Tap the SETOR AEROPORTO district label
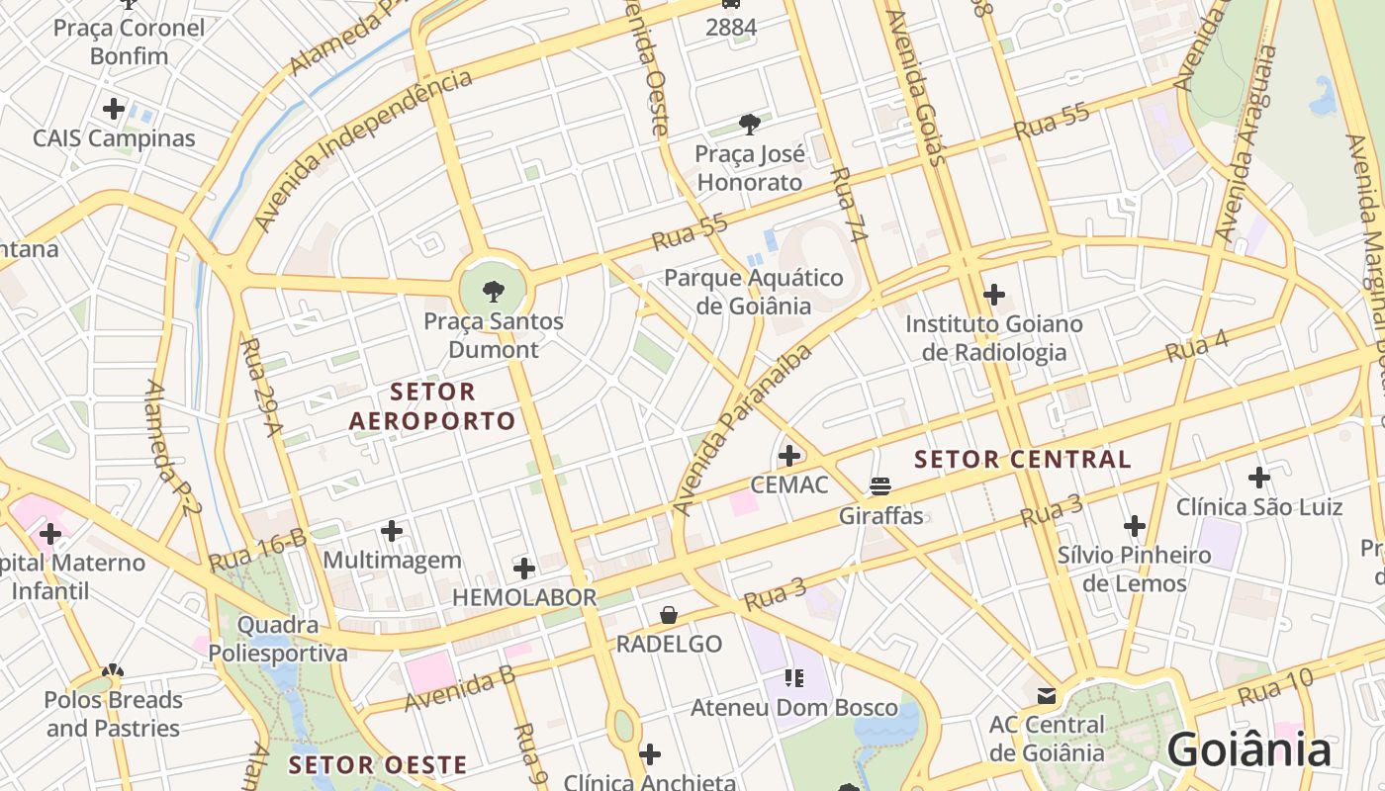[432, 406]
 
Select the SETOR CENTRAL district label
[1022, 459]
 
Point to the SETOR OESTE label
[377, 765]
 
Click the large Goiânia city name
[1249, 749]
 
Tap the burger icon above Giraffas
[880, 485]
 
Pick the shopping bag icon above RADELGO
[669, 615]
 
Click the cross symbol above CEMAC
[788, 456]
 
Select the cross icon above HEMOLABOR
[524, 569]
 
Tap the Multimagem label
[392, 560]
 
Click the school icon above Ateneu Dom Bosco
[793, 678]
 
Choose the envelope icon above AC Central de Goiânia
[1046, 696]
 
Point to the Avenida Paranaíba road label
[742, 430]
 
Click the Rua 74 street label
[849, 206]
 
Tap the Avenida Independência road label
[362, 150]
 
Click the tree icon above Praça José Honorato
[750, 125]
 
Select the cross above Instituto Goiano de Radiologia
[993, 295]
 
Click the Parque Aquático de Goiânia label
[753, 292]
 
